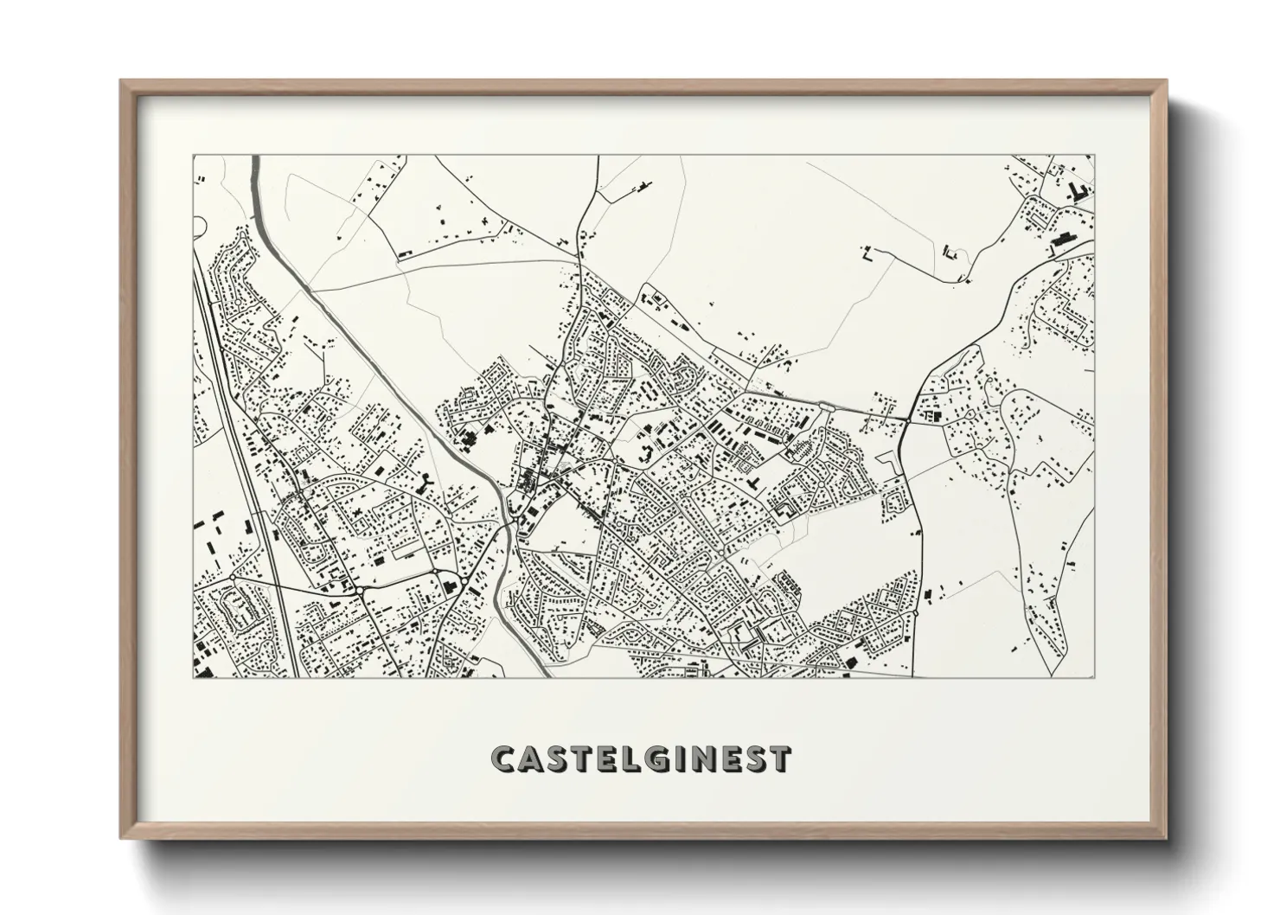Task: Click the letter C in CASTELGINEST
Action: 503,759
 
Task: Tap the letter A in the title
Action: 531,759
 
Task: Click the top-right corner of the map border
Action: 1096,156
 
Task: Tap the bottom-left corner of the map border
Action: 193,678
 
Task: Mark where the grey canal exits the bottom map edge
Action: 541,676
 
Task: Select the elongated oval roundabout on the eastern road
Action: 827,405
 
